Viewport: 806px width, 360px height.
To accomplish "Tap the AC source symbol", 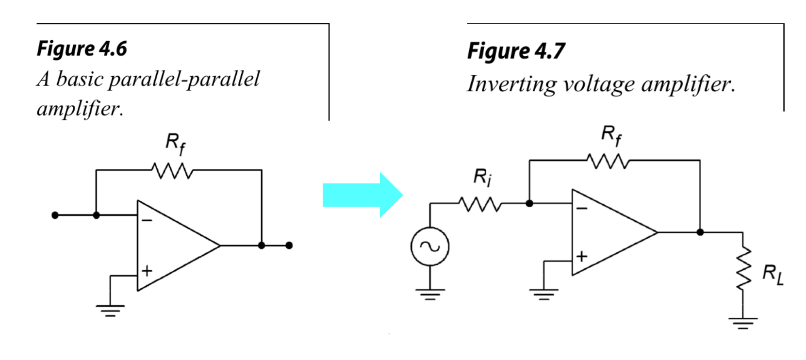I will (x=429, y=246).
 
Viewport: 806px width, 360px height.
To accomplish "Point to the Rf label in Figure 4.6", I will (x=175, y=144).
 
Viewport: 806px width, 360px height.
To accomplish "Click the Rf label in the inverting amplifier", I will (x=611, y=135).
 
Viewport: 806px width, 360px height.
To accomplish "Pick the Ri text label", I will (x=482, y=177).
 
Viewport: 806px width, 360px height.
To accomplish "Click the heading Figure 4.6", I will (x=82, y=49).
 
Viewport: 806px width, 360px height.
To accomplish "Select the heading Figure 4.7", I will (x=516, y=51).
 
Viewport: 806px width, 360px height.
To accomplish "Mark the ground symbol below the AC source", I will (x=429, y=294).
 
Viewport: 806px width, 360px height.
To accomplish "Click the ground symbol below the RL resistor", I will (x=742, y=323).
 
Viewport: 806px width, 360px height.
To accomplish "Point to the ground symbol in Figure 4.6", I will (x=110, y=310).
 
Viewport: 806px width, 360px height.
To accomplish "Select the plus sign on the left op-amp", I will (x=147, y=271).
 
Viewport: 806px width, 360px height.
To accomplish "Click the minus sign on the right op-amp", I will (x=581, y=209).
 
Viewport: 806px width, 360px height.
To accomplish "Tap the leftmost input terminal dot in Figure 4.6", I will (x=55, y=215).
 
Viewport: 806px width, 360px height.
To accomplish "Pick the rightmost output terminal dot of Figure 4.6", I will (x=289, y=245).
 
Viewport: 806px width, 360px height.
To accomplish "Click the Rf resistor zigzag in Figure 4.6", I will (x=172, y=170).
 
